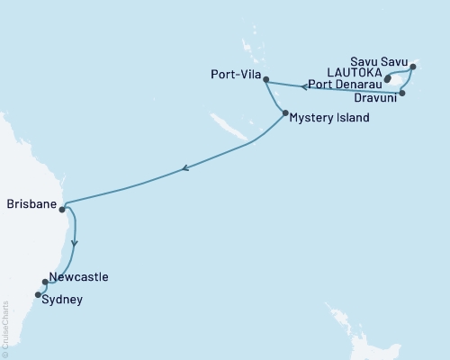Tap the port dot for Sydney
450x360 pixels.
pyautogui.click(x=38, y=294)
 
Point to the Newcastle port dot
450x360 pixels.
pyautogui.click(x=45, y=283)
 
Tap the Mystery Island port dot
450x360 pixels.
pyautogui.click(x=284, y=113)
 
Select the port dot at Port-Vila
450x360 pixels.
pyautogui.click(x=265, y=79)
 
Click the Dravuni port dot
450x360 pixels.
pyautogui.click(x=403, y=92)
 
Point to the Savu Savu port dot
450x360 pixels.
pyautogui.click(x=412, y=67)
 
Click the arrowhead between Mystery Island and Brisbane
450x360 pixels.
pyautogui.click(x=184, y=167)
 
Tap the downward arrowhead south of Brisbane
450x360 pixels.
pyautogui.click(x=75, y=242)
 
